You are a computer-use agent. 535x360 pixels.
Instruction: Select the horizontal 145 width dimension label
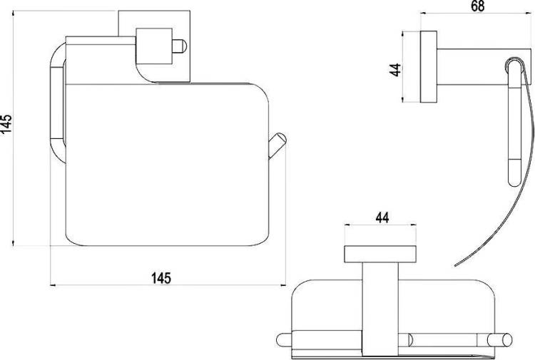point(161,278)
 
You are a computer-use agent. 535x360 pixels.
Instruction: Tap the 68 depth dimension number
point(477,6)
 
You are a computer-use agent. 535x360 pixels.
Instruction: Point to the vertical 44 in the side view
point(395,70)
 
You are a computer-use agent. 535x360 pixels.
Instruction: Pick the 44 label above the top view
point(382,217)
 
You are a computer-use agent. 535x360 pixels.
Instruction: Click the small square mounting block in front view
point(153,46)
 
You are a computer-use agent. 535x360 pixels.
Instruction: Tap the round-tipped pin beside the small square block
point(180,46)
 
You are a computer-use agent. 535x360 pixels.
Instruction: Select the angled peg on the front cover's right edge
point(277,145)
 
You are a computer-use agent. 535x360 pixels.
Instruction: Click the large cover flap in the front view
point(167,165)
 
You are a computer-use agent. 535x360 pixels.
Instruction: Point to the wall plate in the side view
point(429,67)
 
